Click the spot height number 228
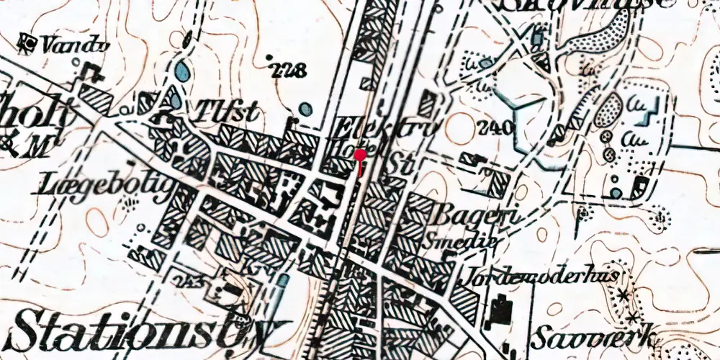coord(290,70)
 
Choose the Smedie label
coord(461,242)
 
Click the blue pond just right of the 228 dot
coord(306,109)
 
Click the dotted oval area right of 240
coord(608,110)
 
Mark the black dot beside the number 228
coord(270,57)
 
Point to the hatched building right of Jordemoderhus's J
coord(464,303)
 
